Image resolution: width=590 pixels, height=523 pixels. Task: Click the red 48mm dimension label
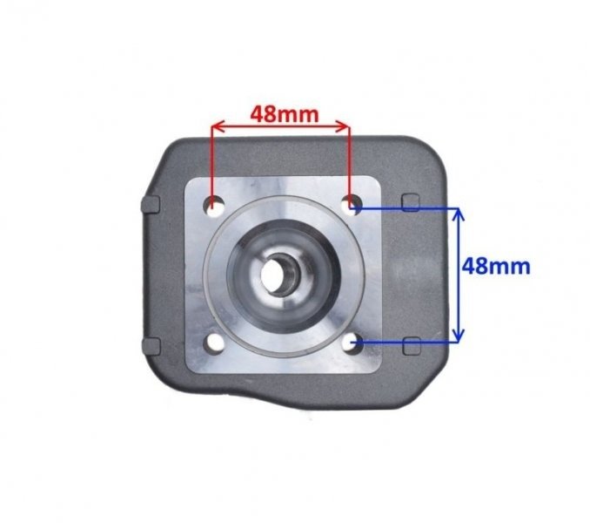coord(285,114)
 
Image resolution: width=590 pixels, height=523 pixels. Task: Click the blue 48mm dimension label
coord(496,266)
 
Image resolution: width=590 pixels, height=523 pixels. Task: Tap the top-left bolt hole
coord(214,207)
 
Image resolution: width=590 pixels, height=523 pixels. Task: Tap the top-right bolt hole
coord(352,206)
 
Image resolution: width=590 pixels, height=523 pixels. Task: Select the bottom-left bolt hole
coord(214,343)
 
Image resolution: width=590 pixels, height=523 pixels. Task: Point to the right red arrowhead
coord(344,127)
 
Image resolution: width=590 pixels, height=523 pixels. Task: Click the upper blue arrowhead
coord(458,214)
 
